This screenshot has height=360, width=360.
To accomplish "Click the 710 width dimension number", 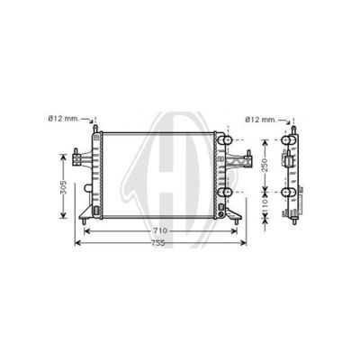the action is [x=160, y=231].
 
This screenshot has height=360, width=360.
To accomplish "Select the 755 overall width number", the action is [x=158, y=243].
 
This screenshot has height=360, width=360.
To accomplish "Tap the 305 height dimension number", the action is [x=63, y=187].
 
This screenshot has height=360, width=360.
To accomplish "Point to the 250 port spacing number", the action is [x=265, y=165].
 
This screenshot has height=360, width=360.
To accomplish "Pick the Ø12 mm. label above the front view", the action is [x=64, y=119].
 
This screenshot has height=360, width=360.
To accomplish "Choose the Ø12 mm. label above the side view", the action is [x=260, y=120].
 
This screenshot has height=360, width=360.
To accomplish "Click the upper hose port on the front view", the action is [x=225, y=140].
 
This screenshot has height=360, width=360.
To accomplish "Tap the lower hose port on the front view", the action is [x=225, y=192].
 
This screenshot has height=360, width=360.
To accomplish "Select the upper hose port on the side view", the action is [x=288, y=140].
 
